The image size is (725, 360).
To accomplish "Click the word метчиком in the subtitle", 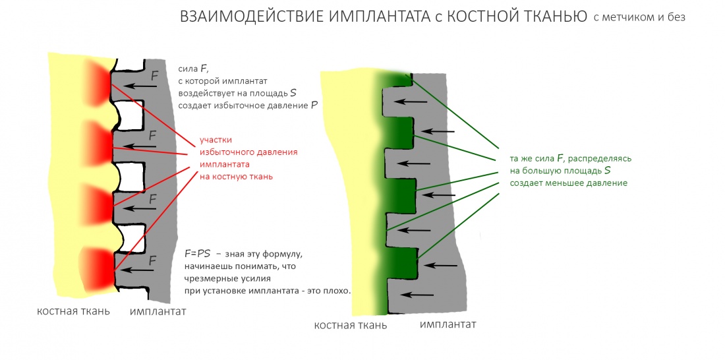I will click(627, 18).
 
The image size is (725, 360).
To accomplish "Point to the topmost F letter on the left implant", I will click(154, 76).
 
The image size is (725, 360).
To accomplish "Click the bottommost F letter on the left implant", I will click(153, 260).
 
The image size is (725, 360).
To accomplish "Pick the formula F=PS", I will click(198, 254).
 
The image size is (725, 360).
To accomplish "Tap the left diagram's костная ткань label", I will click(73, 311).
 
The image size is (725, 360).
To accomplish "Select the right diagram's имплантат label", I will click(448, 324).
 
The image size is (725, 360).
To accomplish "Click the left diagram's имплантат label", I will click(158, 311).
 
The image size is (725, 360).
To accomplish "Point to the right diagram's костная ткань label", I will click(350, 325).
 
